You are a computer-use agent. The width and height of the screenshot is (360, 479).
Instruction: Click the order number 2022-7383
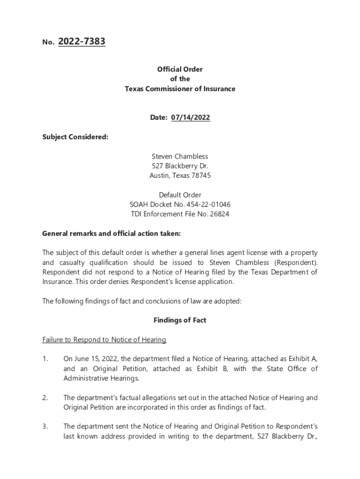click(81, 42)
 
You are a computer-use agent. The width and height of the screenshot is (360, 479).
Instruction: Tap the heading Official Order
click(180, 69)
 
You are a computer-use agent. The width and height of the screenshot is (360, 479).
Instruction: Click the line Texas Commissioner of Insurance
click(180, 89)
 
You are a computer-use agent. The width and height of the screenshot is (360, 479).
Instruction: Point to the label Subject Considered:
click(75, 137)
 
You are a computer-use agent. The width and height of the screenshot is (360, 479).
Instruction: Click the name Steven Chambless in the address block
click(180, 156)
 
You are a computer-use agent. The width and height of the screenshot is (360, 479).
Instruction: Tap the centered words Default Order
click(180, 195)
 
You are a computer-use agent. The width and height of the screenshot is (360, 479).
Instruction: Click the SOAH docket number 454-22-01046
click(209, 205)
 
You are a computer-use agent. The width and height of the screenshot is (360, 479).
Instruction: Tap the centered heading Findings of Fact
click(180, 320)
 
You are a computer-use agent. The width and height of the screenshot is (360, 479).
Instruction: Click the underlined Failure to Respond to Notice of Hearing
click(104, 340)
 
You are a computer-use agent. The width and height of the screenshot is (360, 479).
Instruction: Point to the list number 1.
click(45, 359)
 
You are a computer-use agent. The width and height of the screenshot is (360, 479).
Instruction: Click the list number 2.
click(45, 398)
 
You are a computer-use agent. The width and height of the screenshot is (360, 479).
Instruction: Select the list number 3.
click(45, 427)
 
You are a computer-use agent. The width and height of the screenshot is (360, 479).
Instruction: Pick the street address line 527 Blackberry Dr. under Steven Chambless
click(180, 166)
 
